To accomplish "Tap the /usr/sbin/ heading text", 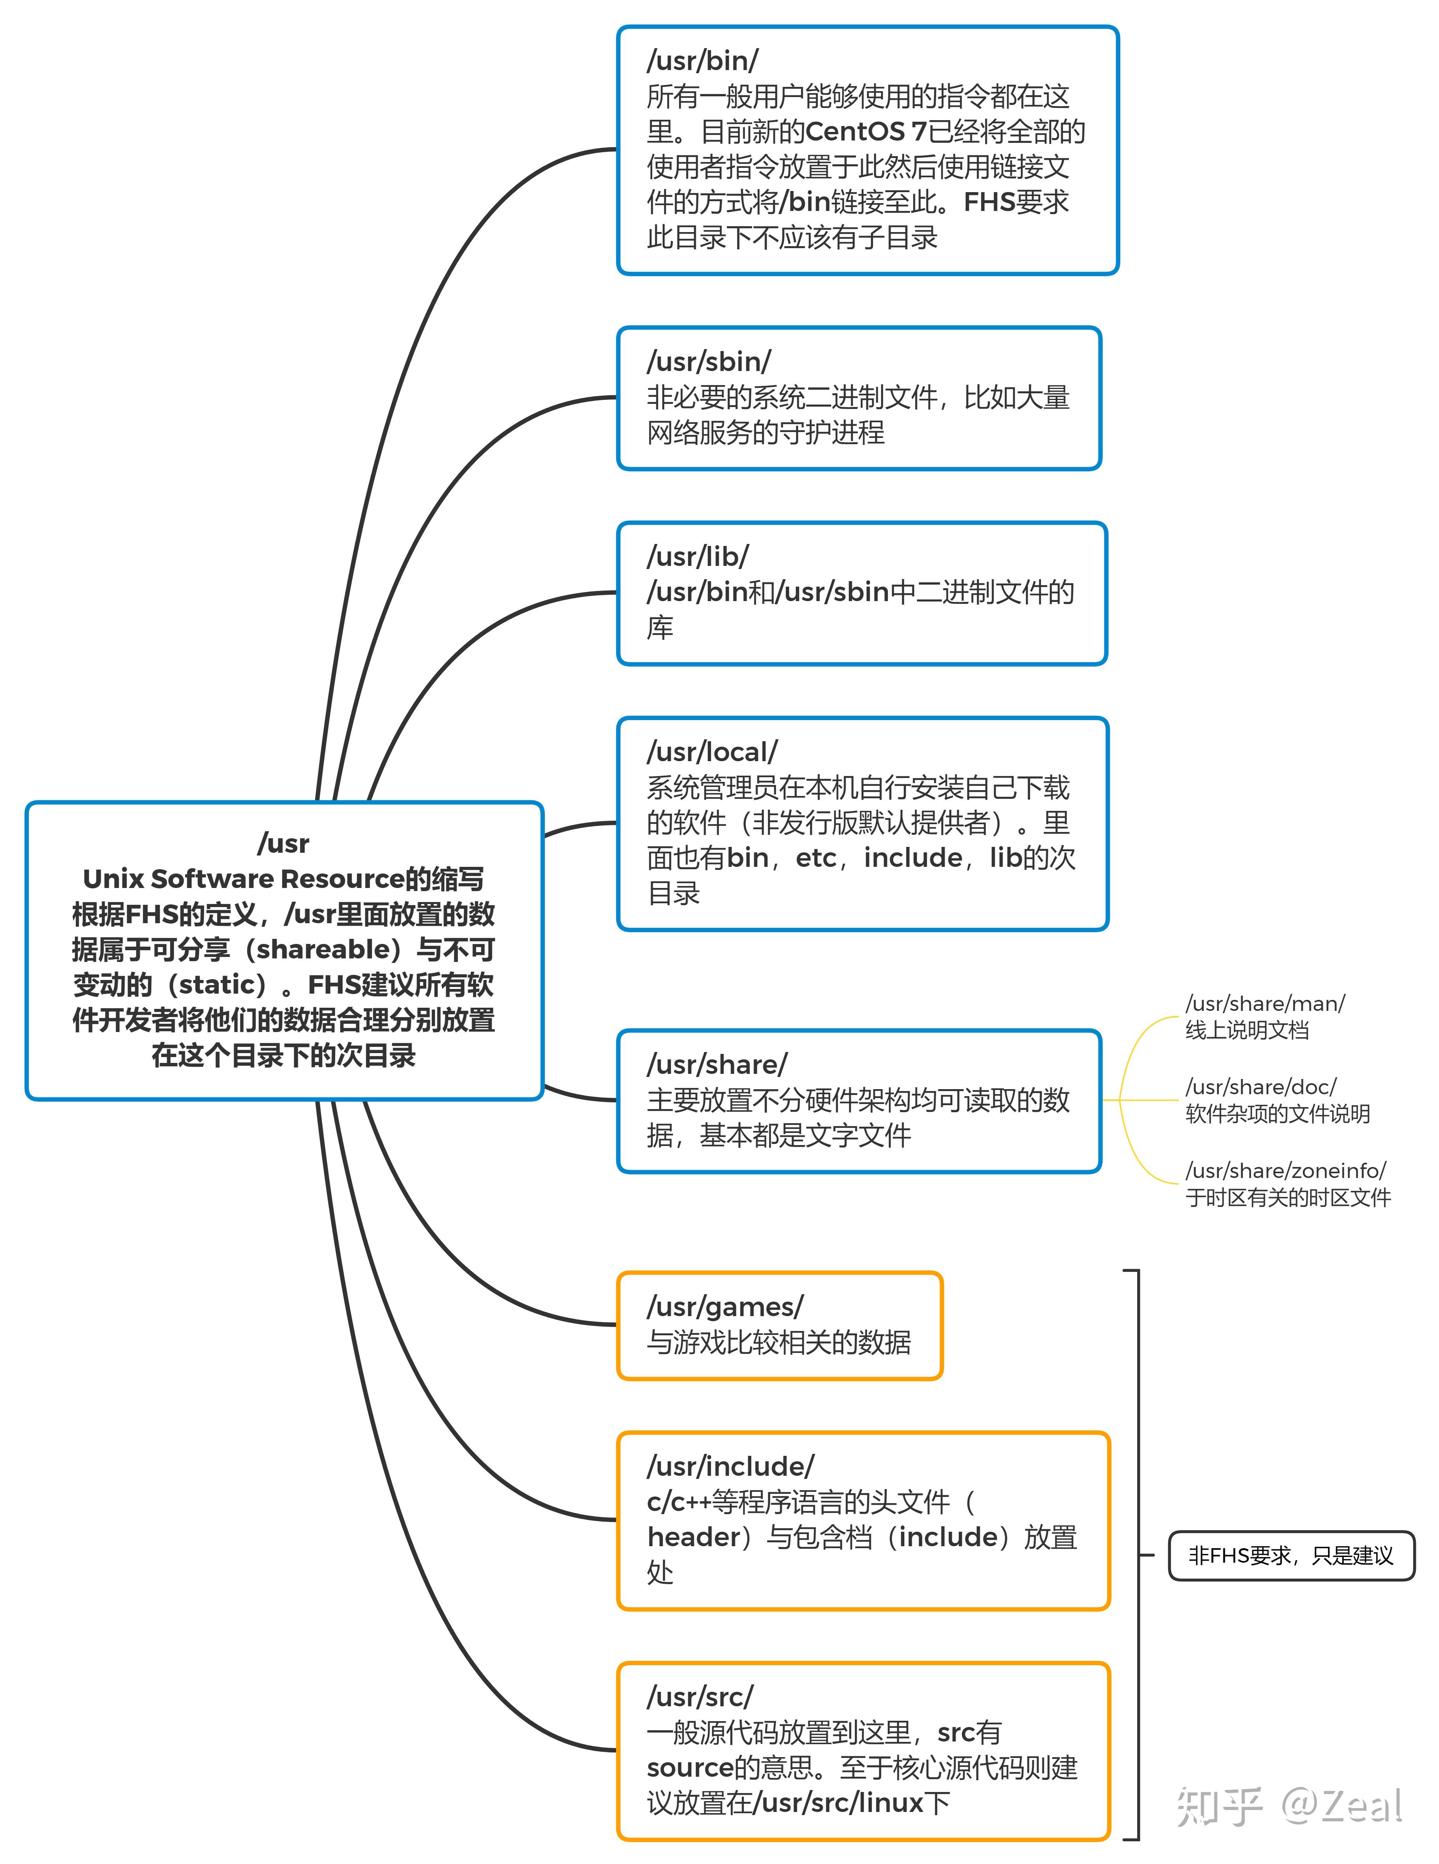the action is [709, 362].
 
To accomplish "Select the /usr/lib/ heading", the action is [697, 556].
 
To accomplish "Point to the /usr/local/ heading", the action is [712, 752].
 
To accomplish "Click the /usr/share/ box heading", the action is [717, 1064].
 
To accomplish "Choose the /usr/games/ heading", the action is [725, 1307].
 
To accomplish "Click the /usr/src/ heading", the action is [700, 1696].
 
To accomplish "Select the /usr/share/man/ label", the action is [1265, 1004].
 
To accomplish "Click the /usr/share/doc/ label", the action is [1260, 1087].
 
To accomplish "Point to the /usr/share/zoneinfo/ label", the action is [1286, 1171].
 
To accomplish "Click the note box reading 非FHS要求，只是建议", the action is [1291, 1556].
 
